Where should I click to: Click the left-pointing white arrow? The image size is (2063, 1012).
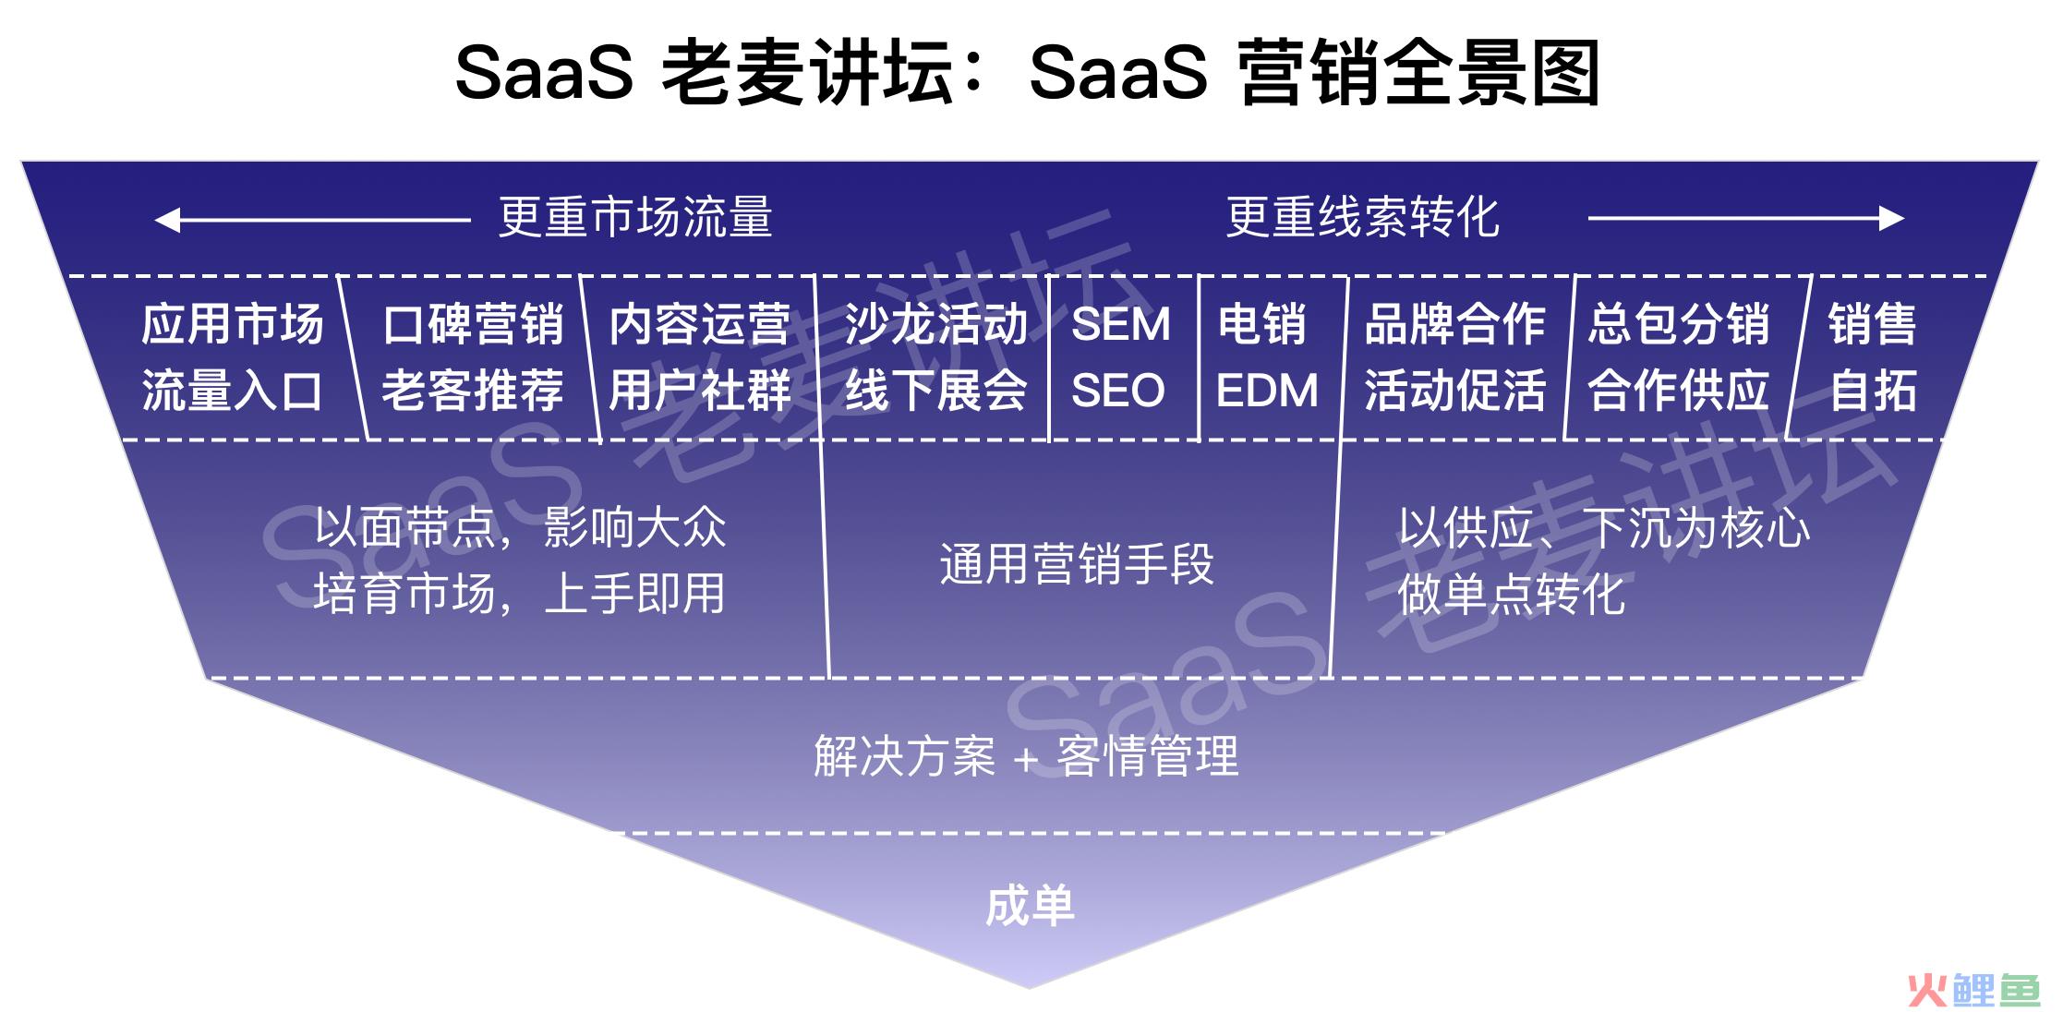point(312,220)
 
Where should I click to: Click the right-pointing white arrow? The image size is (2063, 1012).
point(1746,219)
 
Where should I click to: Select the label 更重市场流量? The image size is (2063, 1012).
point(635,218)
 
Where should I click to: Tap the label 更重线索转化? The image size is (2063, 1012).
point(1363,218)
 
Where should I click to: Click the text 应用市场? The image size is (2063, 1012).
point(233,324)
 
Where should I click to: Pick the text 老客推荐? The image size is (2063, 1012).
point(473,391)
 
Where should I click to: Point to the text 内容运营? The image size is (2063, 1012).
point(700,324)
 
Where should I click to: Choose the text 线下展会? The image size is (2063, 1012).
point(936,391)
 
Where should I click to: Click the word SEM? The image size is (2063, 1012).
point(1121,324)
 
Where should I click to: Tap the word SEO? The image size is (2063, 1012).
point(1118,391)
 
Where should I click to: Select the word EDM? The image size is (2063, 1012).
point(1267,391)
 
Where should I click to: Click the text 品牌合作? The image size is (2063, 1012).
point(1455,324)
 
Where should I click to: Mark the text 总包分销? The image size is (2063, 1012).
point(1679,324)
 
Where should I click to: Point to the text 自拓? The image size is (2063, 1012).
point(1874,391)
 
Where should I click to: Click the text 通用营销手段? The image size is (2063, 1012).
point(1077,564)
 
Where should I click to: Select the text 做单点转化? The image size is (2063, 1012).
point(1511,594)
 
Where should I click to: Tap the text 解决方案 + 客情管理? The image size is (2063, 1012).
point(1026,756)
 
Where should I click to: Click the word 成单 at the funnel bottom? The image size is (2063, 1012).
point(1031,906)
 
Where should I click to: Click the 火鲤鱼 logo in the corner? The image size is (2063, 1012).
point(1973,990)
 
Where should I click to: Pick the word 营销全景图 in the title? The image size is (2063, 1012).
point(1420,74)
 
